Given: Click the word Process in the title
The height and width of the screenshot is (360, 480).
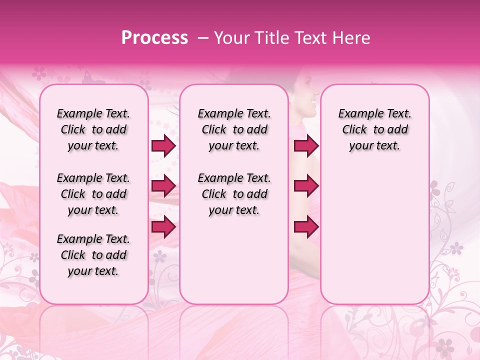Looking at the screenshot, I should click(154, 38).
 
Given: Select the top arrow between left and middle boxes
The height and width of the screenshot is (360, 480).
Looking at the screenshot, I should click(163, 146).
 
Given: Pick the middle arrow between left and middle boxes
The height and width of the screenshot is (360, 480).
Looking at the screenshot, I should click(163, 186).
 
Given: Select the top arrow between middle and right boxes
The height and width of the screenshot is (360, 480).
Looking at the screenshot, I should click(306, 146).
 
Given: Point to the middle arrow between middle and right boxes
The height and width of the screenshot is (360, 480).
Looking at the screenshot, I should click(306, 186).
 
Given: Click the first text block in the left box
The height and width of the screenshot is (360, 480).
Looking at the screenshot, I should click(93, 129).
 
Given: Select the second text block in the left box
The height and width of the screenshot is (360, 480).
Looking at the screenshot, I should click(93, 194).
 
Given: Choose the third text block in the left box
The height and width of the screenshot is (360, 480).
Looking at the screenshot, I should click(93, 255).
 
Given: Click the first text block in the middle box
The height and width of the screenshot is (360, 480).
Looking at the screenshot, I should click(234, 129).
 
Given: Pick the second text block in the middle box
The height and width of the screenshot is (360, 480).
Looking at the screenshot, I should click(234, 194).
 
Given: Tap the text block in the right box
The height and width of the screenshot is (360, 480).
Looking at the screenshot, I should click(374, 129).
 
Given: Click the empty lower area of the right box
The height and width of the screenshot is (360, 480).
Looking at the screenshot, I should click(374, 240).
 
